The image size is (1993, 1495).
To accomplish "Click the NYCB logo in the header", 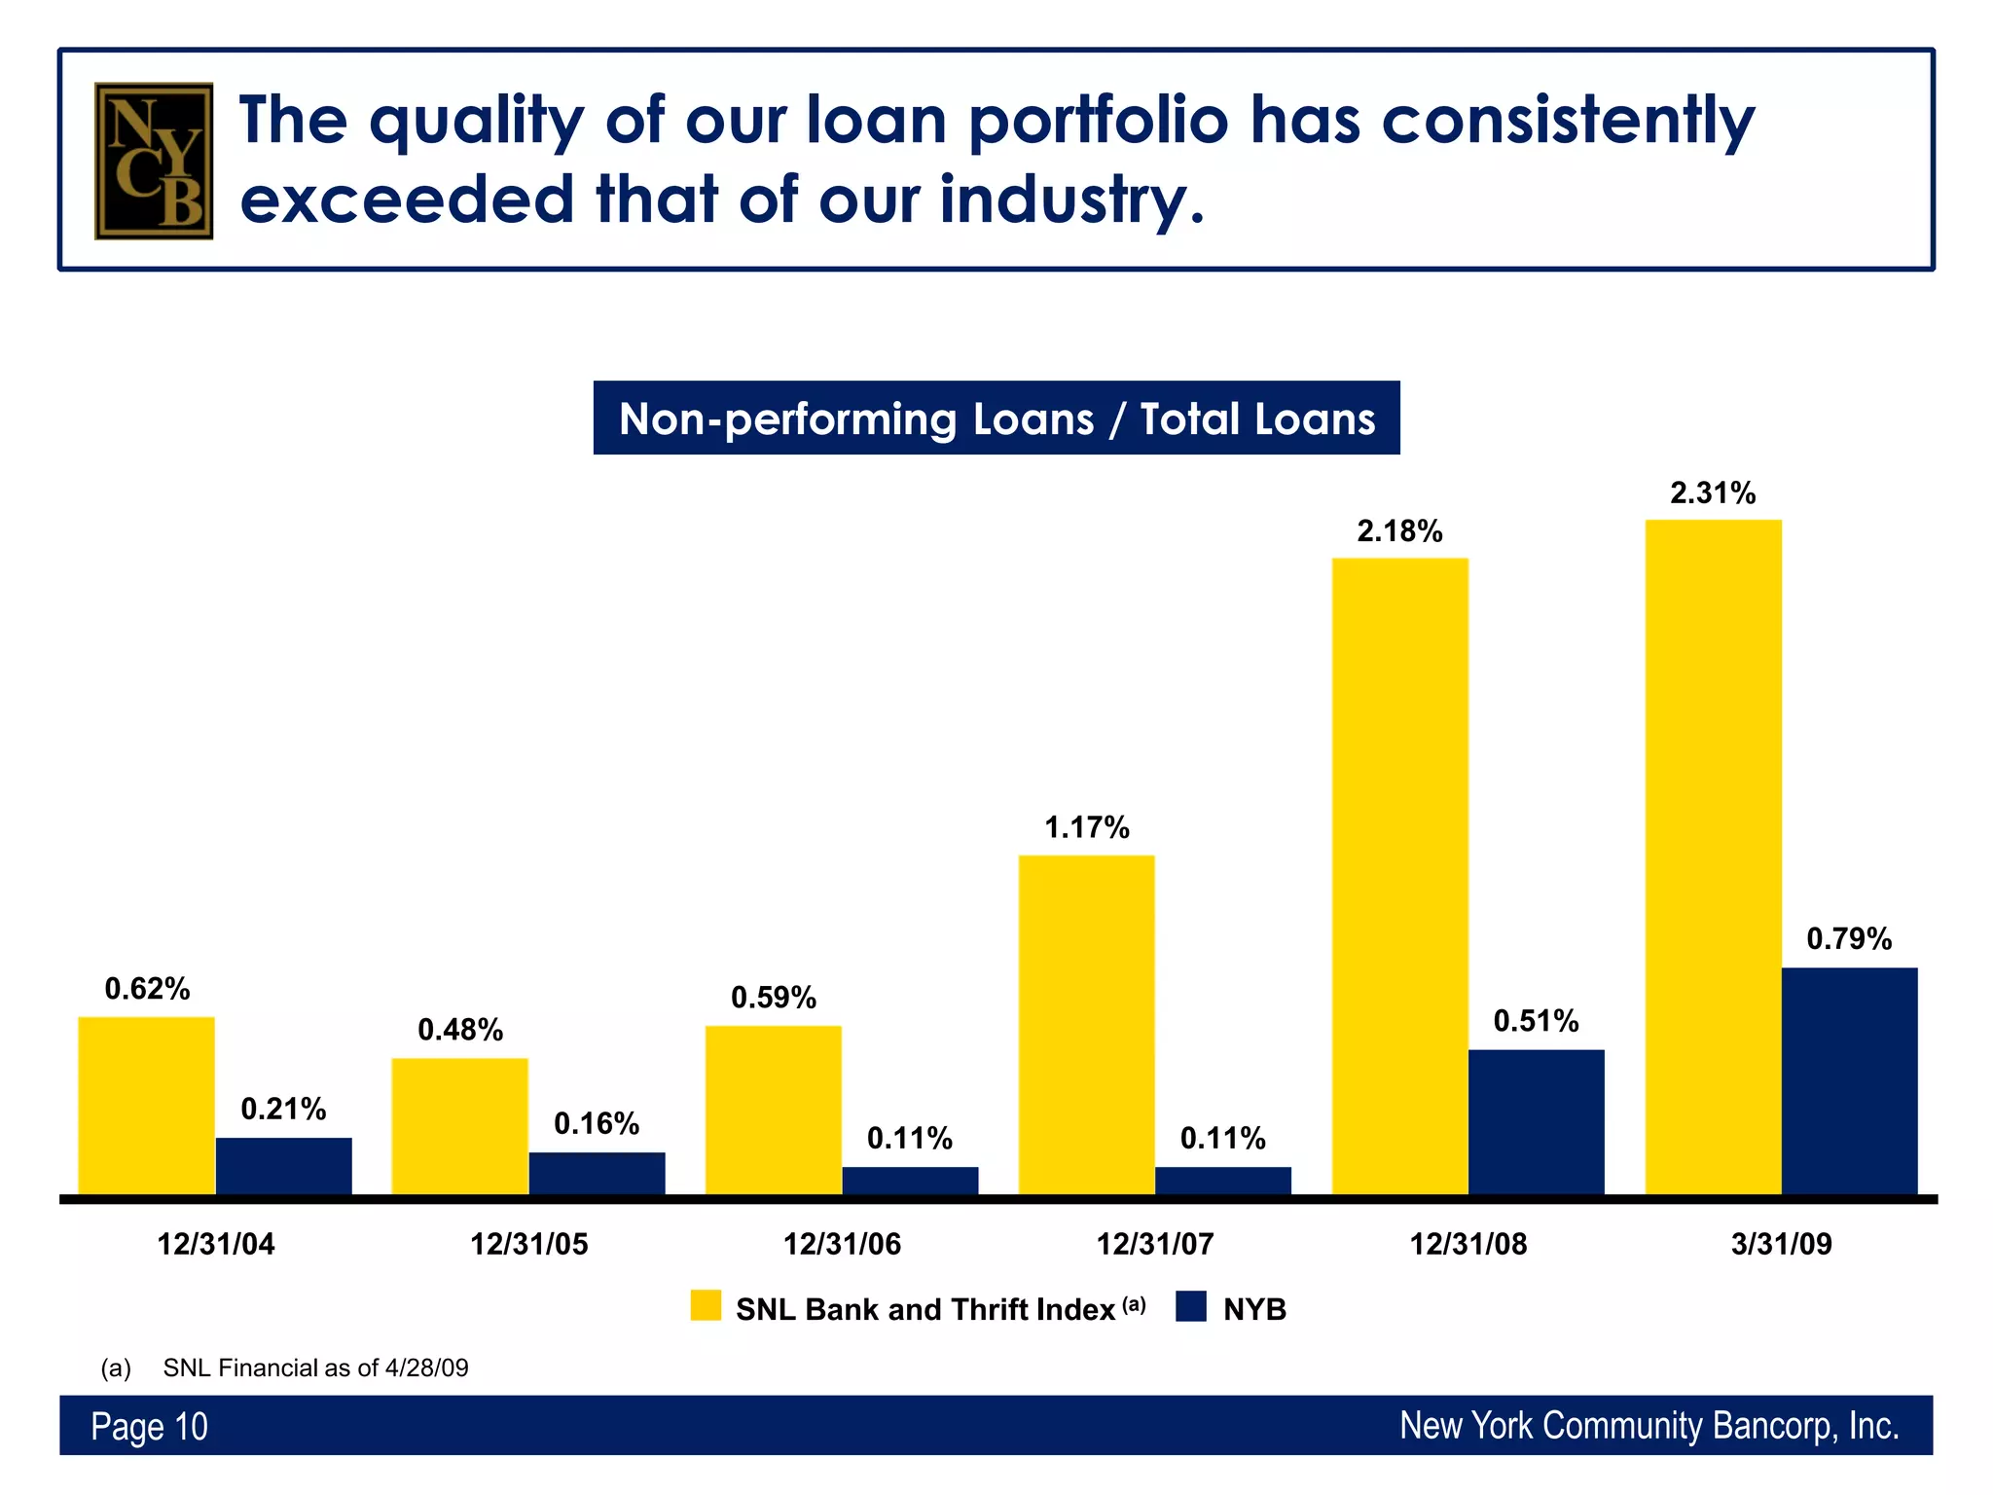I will click(x=154, y=161).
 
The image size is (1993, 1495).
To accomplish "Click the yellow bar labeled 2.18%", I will click(x=1399, y=876).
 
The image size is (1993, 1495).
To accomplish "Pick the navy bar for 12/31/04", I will click(x=283, y=1165).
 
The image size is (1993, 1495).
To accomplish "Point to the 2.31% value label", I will click(x=1713, y=493).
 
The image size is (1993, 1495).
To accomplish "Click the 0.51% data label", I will click(x=1536, y=1021).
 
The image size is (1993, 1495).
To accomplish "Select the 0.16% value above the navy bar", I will click(x=597, y=1124).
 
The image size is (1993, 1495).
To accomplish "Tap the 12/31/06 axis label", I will click(x=842, y=1244).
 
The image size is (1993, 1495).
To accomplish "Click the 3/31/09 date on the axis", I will click(x=1781, y=1244).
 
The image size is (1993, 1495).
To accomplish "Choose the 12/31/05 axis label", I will click(x=528, y=1244).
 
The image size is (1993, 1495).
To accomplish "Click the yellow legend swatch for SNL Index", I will click(x=706, y=1306).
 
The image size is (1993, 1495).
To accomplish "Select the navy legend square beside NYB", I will click(x=1190, y=1306).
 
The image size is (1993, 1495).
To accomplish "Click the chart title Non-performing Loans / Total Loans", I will click(x=996, y=419).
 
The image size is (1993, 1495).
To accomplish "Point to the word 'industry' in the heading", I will click(x=1070, y=200).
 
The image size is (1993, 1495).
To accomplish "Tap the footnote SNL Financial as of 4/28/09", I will click(x=315, y=1367).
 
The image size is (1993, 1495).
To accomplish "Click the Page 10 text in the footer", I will click(x=149, y=1426).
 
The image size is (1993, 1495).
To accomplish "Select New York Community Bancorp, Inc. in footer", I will click(x=1649, y=1426).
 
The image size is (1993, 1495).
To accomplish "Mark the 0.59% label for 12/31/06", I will click(x=773, y=998).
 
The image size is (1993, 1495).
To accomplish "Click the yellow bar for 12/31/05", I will click(x=459, y=1126).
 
